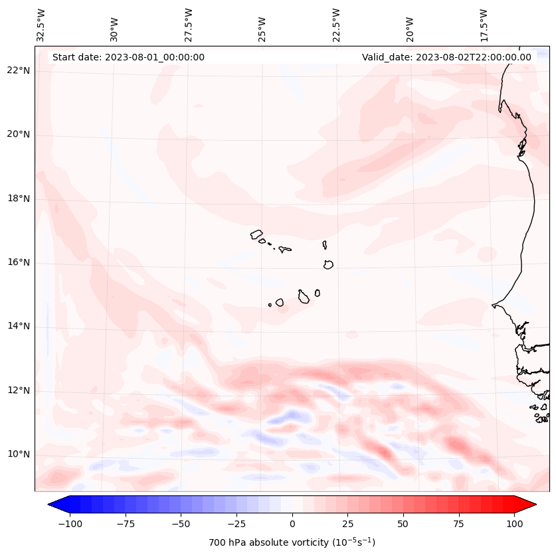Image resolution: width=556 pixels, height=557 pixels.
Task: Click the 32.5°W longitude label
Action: click(x=41, y=25)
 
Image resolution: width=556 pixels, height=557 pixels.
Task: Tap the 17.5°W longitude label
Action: click(x=483, y=25)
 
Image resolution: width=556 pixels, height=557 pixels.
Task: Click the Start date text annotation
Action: click(x=128, y=57)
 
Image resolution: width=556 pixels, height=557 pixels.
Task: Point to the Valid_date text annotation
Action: click(x=446, y=57)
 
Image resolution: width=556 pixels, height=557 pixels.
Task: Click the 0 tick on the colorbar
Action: click(x=292, y=524)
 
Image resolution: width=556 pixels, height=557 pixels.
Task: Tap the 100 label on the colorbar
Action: click(x=514, y=524)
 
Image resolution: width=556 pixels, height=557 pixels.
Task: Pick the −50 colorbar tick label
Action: click(x=181, y=524)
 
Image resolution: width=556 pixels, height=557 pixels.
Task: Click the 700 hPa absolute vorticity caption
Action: click(x=292, y=542)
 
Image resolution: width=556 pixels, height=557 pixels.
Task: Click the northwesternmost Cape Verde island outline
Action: click(x=256, y=234)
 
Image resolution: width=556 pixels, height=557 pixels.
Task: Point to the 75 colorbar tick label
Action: click(x=459, y=524)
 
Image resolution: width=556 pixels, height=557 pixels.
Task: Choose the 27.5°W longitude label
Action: click(x=189, y=25)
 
